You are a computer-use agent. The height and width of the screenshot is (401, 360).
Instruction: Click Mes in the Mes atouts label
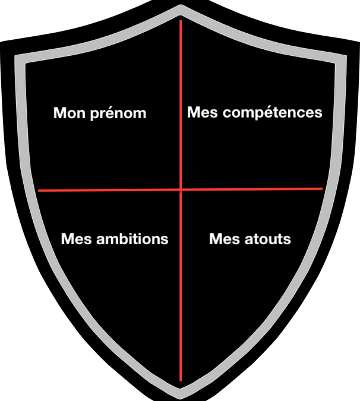click(224, 239)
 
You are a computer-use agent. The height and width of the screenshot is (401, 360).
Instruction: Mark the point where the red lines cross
click(181, 190)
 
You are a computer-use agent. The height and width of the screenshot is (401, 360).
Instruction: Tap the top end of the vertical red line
click(181, 21)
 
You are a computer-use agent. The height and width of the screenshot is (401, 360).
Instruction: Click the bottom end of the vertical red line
click(181, 380)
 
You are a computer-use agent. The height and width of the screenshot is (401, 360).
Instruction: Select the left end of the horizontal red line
click(39, 191)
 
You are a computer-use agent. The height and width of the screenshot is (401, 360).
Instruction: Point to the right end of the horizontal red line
click(322, 188)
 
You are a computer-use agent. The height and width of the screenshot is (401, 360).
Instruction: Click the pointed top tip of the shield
click(181, 6)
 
